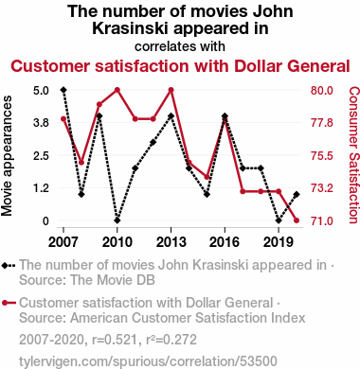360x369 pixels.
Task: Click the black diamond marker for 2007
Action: [x=63, y=90]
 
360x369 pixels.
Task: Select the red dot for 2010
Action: [x=117, y=90]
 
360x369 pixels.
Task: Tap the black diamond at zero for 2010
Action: [x=117, y=220]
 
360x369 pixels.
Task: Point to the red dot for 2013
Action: [x=171, y=90]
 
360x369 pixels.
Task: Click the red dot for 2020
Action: [x=297, y=220]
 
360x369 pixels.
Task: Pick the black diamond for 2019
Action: [x=279, y=220]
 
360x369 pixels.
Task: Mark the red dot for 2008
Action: [x=81, y=163]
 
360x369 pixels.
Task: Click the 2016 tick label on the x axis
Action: [x=225, y=242]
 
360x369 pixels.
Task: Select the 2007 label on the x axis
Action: [x=63, y=242]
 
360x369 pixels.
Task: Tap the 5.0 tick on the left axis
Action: [x=41, y=91]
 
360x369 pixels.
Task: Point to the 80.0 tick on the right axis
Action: [x=321, y=91]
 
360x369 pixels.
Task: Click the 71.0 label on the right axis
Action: [x=321, y=220]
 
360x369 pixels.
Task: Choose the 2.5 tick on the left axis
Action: [x=41, y=156]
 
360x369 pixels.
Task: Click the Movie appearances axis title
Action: [x=7, y=156]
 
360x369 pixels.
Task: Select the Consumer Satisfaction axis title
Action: [x=353, y=155]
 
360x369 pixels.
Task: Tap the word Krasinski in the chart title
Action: [x=130, y=28]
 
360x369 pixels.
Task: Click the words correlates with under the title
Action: [x=180, y=46]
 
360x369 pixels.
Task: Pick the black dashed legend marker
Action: [x=9, y=266]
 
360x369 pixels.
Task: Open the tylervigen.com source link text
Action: [x=148, y=361]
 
